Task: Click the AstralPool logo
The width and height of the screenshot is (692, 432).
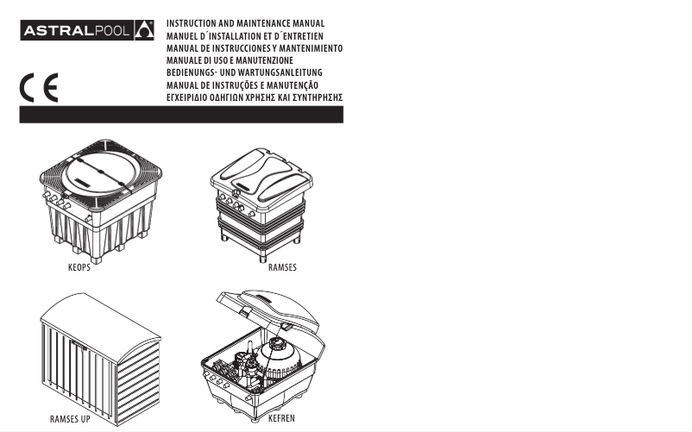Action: coord(87,30)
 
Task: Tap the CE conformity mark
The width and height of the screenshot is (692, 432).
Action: coord(39,88)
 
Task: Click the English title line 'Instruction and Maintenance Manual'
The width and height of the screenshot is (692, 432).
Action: coord(245,23)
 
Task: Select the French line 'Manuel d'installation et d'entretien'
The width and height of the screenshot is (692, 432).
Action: coord(245,36)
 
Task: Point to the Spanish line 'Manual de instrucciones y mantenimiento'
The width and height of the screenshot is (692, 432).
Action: coord(255,48)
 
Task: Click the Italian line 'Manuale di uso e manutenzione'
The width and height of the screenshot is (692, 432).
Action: coord(230,60)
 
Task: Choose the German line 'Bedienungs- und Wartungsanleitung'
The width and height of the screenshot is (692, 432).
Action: coord(244,72)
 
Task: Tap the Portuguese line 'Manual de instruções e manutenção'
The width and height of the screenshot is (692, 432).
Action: coord(242,85)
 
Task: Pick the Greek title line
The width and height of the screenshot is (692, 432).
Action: coord(255,97)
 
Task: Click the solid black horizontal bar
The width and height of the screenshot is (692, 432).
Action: coord(181,115)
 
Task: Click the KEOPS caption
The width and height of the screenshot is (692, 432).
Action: coord(79,267)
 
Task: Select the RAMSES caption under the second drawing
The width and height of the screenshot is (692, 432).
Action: coord(282,267)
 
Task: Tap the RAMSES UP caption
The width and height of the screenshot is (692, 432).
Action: coord(70,419)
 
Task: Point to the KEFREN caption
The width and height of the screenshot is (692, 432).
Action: coord(281,418)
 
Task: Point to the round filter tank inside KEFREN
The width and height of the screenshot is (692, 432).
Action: coord(280,359)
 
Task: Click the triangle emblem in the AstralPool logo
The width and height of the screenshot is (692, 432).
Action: coord(144,30)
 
